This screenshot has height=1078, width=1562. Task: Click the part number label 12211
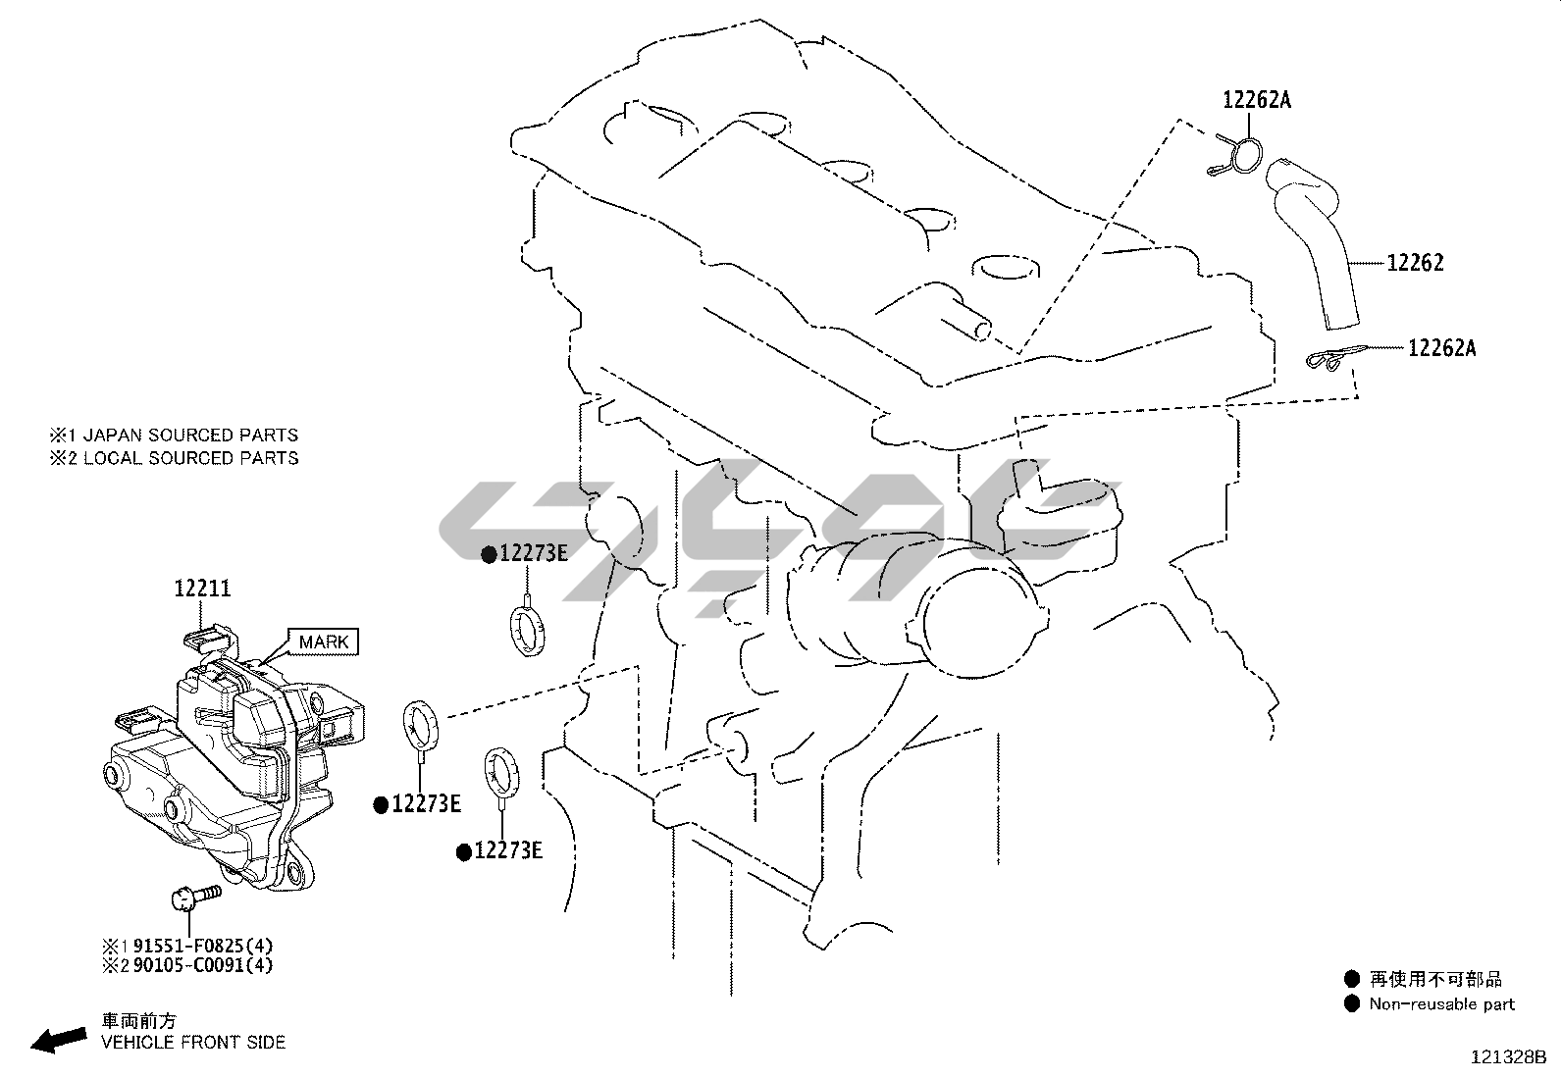(x=202, y=589)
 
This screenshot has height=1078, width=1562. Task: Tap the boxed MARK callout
(x=323, y=642)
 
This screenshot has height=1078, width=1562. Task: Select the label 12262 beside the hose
(x=1415, y=263)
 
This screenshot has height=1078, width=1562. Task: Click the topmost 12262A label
(x=1257, y=99)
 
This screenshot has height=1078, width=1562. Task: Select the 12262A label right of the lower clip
(x=1441, y=347)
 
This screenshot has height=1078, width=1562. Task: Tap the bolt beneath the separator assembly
(x=194, y=896)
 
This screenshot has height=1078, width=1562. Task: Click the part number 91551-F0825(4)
(x=203, y=946)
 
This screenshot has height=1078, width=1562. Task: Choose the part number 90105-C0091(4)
(x=203, y=965)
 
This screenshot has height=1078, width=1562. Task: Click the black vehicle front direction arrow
(x=58, y=1039)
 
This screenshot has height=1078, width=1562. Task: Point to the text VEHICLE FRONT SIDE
(x=193, y=1042)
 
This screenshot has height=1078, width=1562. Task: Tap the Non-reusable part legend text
(x=1441, y=1003)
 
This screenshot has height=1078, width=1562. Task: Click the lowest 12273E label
(x=507, y=850)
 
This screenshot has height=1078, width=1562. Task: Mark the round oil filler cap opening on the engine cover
(x=1007, y=267)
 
